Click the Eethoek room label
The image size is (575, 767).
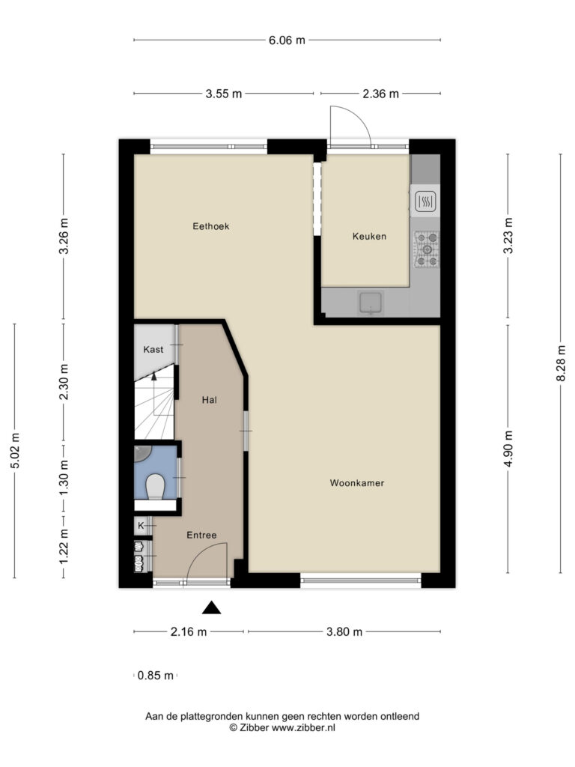coord(210,226)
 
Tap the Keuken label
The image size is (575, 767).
coord(369,236)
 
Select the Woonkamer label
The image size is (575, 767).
coord(357,483)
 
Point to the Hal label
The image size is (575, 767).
coord(210,400)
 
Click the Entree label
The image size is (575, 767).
coord(201,535)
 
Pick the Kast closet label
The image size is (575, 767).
coord(153,349)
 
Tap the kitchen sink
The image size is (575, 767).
coord(371,302)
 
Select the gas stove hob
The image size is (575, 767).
coord(426,249)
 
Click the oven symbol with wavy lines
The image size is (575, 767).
coord(425,201)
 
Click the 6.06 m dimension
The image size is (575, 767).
coord(287,40)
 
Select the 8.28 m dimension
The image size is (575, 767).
coord(562,363)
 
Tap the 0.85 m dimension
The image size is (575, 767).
coord(156,676)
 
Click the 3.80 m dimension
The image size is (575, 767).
coord(344,631)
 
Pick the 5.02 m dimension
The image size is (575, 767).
coord(15,450)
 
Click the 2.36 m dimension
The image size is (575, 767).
coord(380,94)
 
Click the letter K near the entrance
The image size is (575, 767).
coord(141,526)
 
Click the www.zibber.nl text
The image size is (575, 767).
coord(303,727)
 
